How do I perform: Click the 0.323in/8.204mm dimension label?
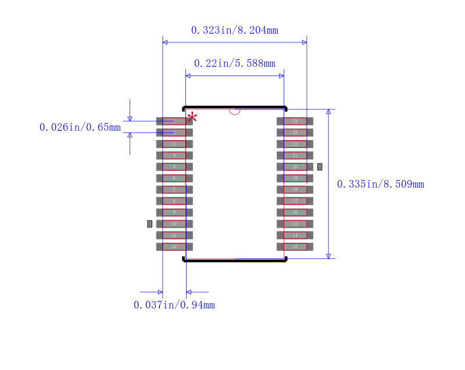[234, 30]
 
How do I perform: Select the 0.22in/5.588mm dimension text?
[234, 63]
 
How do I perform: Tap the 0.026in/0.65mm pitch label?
[80, 127]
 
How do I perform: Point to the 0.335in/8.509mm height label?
[380, 184]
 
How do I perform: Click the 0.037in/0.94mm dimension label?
[174, 305]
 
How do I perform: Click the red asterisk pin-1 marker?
[192, 117]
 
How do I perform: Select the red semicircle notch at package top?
[235, 111]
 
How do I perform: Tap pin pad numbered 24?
[295, 121]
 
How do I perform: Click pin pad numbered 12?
[174, 246]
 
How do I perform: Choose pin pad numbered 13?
[295, 246]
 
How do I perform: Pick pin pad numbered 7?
[174, 189]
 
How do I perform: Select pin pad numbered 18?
[295, 189]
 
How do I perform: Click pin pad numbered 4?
[174, 155]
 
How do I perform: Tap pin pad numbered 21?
[295, 155]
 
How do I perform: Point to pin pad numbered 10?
[174, 224]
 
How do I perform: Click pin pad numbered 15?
[295, 224]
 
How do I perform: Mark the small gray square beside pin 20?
[320, 167]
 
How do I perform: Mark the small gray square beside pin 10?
[149, 224]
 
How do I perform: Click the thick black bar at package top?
[235, 107]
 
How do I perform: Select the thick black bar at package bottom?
[235, 260]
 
